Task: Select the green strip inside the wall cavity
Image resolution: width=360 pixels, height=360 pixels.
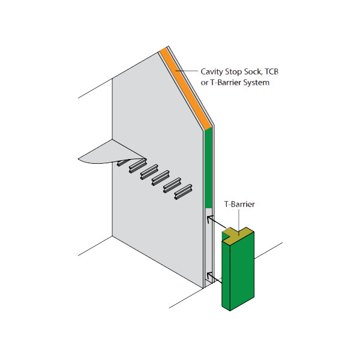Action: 208,168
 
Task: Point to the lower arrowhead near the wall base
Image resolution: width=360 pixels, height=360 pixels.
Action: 208,275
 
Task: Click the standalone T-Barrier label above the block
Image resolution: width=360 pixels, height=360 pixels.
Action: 240,204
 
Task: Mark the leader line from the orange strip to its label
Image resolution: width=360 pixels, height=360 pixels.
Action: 189,71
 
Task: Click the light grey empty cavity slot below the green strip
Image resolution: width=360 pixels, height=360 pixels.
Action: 208,246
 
